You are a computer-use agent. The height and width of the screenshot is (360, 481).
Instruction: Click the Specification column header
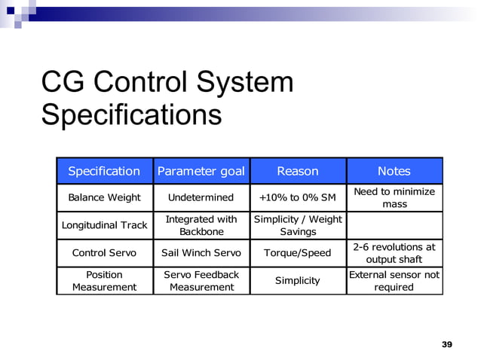[104, 171]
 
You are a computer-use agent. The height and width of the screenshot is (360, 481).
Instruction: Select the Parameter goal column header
[201, 171]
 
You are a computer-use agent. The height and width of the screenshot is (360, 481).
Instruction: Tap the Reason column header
[298, 171]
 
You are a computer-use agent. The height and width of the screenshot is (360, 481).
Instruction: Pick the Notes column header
[394, 171]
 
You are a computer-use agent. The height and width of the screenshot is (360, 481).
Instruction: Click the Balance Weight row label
[104, 197]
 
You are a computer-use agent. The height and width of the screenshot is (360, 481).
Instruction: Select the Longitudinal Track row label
[104, 225]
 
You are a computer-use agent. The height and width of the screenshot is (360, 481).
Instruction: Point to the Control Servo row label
[104, 253]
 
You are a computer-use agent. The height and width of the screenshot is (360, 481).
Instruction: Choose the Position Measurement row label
[104, 280]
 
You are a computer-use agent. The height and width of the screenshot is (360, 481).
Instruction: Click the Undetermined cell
[201, 197]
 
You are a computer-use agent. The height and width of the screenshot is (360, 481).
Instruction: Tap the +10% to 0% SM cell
[298, 197]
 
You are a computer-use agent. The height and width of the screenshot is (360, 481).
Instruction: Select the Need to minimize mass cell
[394, 197]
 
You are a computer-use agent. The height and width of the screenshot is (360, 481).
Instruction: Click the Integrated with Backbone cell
[201, 225]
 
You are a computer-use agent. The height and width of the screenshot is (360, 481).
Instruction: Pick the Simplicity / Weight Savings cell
[298, 225]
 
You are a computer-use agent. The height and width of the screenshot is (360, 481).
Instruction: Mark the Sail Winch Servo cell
[201, 253]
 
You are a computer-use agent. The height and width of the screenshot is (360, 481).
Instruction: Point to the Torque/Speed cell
[298, 253]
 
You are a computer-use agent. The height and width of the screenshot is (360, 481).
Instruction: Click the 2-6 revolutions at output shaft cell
[394, 253]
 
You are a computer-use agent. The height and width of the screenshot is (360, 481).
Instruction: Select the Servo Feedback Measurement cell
[201, 280]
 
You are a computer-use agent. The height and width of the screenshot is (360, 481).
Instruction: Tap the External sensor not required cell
[394, 280]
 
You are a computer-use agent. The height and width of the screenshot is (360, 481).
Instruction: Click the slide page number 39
[446, 344]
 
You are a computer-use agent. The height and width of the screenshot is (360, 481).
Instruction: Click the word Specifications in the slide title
[131, 115]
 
